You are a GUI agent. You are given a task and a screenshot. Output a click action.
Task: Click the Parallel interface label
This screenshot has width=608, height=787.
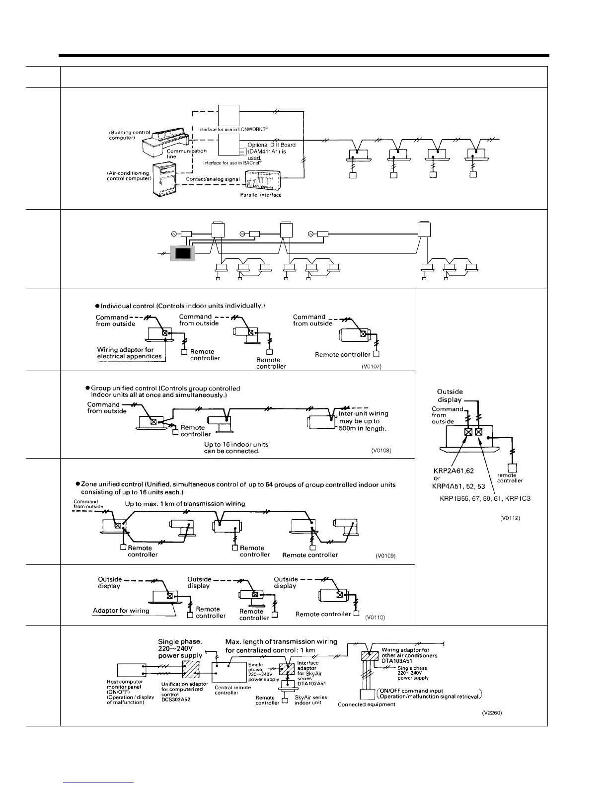click(257, 195)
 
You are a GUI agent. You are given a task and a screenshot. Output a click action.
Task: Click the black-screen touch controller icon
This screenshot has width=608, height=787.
click(182, 253)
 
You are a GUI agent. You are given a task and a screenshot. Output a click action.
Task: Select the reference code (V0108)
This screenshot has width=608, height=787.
click(381, 451)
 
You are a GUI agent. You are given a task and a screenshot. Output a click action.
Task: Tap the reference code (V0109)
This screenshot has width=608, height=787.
click(385, 556)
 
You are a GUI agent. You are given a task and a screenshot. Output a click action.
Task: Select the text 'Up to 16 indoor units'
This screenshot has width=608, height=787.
click(232, 444)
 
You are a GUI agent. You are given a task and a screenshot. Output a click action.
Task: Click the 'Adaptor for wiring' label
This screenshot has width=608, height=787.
click(121, 611)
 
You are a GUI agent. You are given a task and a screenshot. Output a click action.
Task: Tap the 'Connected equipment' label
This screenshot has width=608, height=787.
click(367, 705)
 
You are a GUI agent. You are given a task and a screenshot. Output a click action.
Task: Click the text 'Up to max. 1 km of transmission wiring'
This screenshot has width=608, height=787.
click(185, 503)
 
